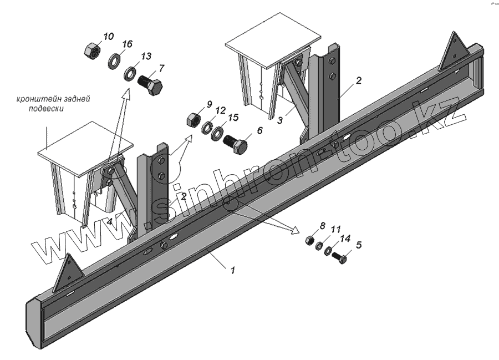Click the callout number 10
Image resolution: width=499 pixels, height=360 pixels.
[x=109, y=37]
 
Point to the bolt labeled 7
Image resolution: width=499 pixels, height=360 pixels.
[x=150, y=86]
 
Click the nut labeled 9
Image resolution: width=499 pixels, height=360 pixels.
[x=194, y=119]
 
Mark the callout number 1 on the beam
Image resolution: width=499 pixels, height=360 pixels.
[x=233, y=271]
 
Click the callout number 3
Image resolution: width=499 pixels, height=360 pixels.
[x=281, y=120]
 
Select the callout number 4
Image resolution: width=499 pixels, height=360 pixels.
[x=110, y=221]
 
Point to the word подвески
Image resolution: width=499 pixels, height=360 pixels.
[x=47, y=109]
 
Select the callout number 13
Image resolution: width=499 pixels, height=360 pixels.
[x=146, y=57]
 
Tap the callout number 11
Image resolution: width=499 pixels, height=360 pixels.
[x=336, y=229]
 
